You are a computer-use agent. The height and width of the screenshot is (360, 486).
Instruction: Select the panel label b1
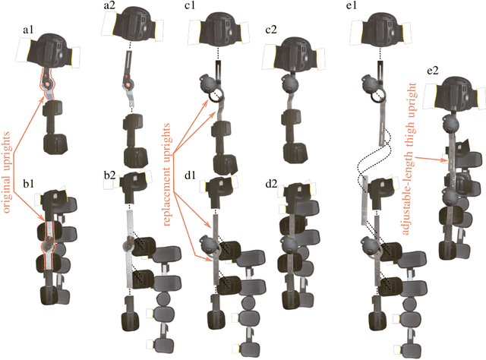pyautogui.click(x=30, y=183)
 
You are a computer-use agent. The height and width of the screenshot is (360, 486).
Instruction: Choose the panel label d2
pyautogui.click(x=270, y=183)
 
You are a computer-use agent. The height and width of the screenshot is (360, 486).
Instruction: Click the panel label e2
pyautogui.click(x=434, y=70)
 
